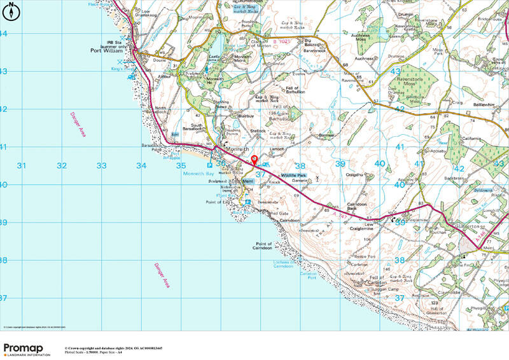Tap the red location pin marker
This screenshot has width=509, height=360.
[x=254, y=159]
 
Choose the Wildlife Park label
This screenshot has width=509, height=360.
[x=294, y=175]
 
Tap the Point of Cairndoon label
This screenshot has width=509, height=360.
[x=268, y=246]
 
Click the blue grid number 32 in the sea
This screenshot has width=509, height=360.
[x=61, y=166]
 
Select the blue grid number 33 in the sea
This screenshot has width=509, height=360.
[x=101, y=166]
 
